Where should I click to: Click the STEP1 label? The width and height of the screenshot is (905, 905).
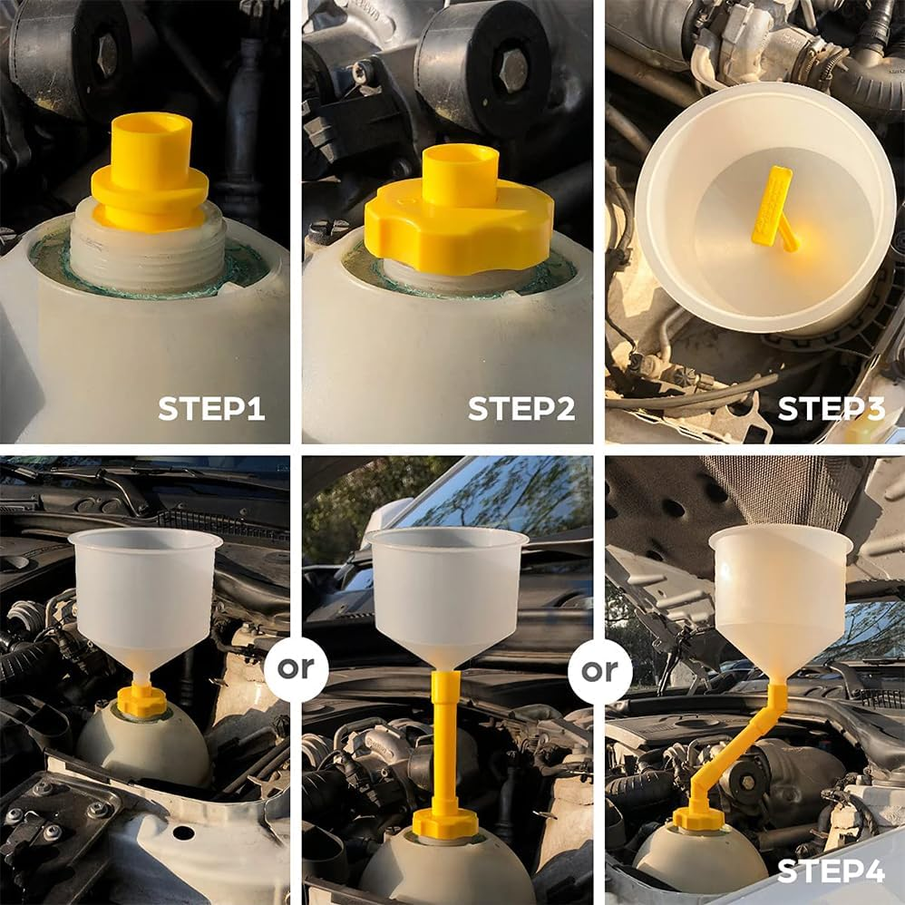[211, 408]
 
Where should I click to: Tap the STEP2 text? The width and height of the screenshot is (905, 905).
[521, 408]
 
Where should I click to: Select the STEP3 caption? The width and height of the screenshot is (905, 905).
[831, 408]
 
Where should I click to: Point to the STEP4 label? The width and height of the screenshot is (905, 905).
[831, 872]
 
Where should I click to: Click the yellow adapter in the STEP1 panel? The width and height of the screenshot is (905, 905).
[150, 172]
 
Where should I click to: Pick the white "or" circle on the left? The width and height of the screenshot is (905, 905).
[297, 669]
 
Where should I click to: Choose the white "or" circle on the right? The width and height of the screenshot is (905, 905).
[599, 671]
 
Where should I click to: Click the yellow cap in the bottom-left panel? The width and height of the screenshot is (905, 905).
[142, 701]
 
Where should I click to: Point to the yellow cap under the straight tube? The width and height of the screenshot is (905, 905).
[444, 823]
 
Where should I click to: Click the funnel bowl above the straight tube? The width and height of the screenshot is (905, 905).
[448, 589]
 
